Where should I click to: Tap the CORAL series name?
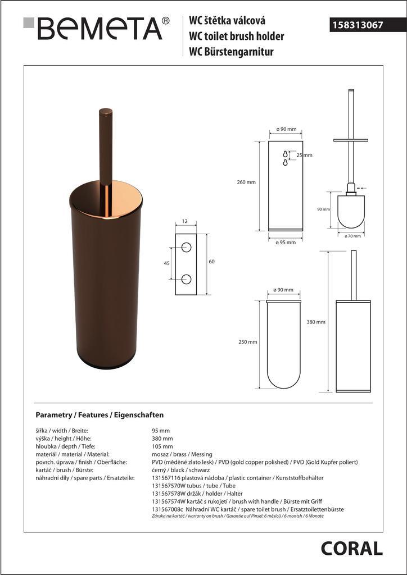point(351,547)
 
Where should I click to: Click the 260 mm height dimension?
point(247,182)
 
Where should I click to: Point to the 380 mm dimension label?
point(316,322)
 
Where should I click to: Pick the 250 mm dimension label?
point(248,342)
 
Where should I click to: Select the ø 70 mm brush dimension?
point(352,236)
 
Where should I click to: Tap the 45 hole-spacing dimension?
point(166,262)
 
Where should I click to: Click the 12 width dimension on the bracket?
point(185,222)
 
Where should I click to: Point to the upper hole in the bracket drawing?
point(186,247)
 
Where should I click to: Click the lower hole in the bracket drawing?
point(186,279)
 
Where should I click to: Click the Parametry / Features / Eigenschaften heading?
point(100,415)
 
